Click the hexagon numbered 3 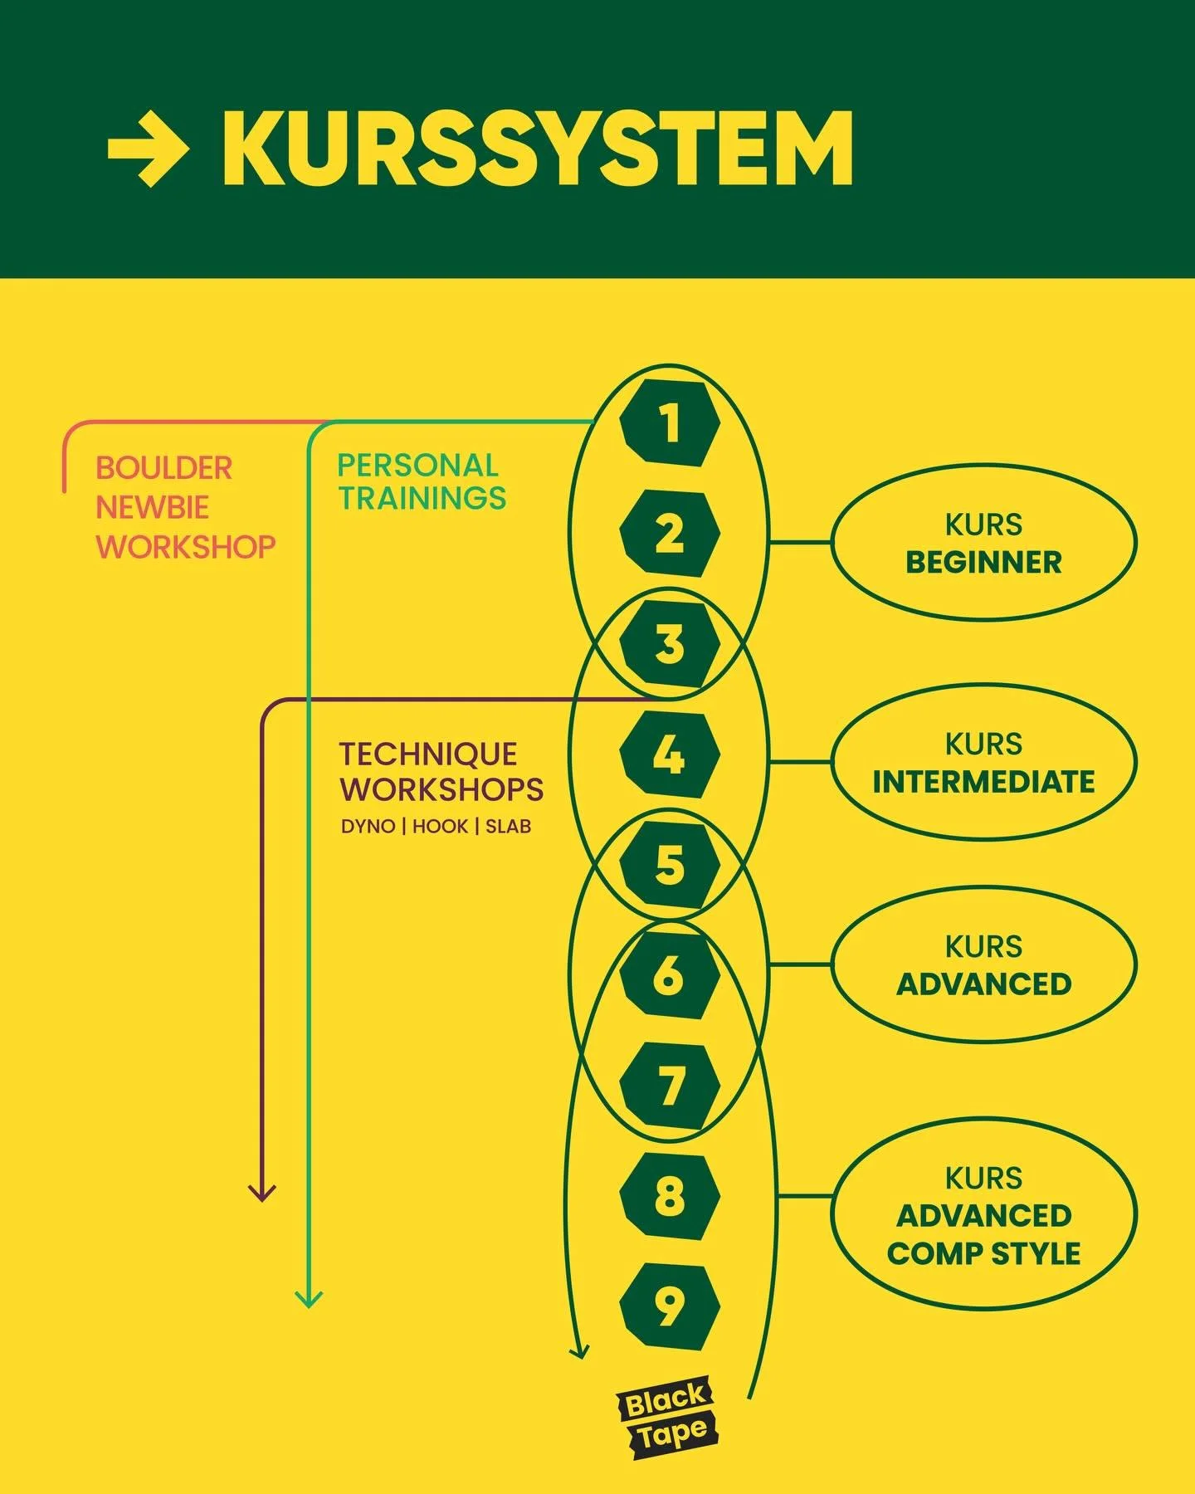(x=670, y=644)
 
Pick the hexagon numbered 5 (x=670, y=865)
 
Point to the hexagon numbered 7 (x=670, y=1086)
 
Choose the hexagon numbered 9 (x=670, y=1306)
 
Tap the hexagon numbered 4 (x=670, y=754)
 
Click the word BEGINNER (x=983, y=562)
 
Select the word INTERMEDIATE (x=983, y=782)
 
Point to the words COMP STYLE (x=983, y=1253)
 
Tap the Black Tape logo (x=666, y=1416)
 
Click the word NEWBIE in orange (x=152, y=507)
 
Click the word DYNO (x=368, y=827)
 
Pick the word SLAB (x=508, y=827)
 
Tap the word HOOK (x=440, y=827)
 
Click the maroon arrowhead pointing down (x=262, y=1193)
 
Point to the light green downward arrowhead (x=309, y=1299)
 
